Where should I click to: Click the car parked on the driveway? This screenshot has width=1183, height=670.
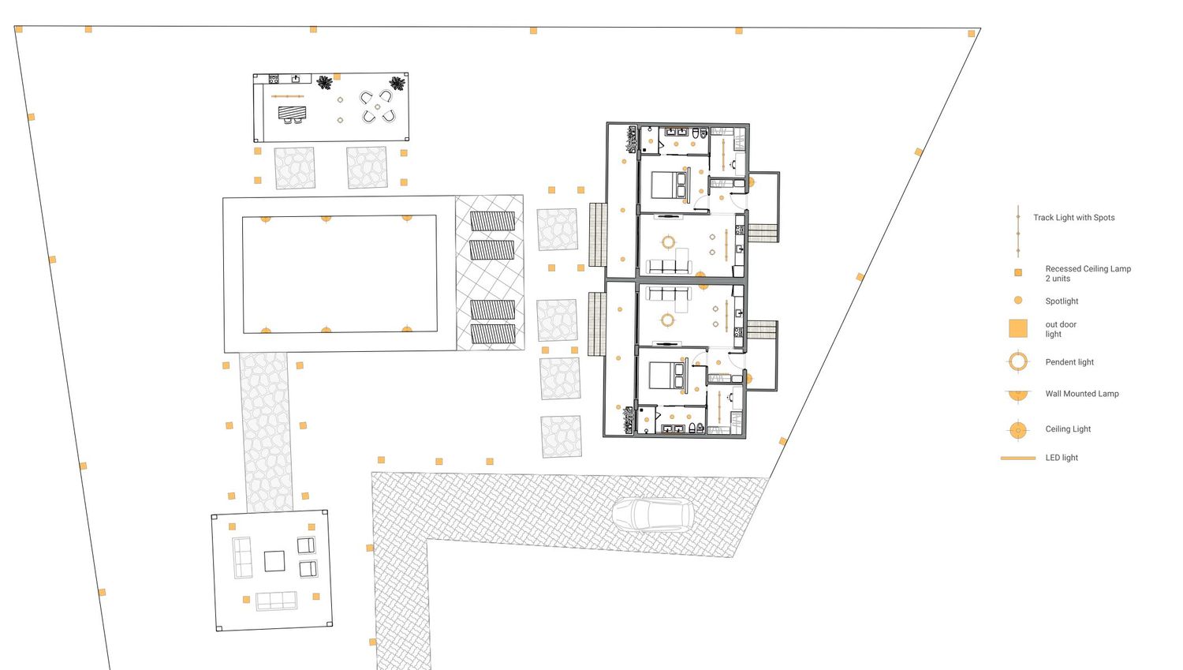click(653, 514)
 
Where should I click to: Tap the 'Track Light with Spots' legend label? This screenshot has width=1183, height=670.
click(1073, 218)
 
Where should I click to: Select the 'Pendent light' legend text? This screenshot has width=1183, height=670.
click(1069, 362)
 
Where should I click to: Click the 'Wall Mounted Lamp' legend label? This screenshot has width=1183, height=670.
click(1081, 394)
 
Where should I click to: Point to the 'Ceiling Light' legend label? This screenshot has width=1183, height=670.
click(1068, 429)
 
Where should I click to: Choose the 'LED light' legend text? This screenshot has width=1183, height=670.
click(1062, 458)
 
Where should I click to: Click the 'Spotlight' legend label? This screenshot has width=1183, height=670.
click(1062, 301)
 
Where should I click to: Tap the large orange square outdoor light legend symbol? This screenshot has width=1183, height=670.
click(1017, 328)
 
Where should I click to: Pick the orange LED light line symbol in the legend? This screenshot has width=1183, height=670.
click(1017, 459)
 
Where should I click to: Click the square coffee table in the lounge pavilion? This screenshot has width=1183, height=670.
click(274, 561)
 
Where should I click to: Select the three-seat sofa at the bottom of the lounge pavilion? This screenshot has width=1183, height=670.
click(276, 601)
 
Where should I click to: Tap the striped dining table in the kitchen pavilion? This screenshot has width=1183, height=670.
click(292, 113)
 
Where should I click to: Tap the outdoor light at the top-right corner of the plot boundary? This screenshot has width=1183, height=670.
click(971, 33)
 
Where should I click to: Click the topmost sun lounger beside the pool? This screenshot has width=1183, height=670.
click(492, 221)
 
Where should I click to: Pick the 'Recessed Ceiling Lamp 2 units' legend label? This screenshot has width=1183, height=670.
click(1088, 274)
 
